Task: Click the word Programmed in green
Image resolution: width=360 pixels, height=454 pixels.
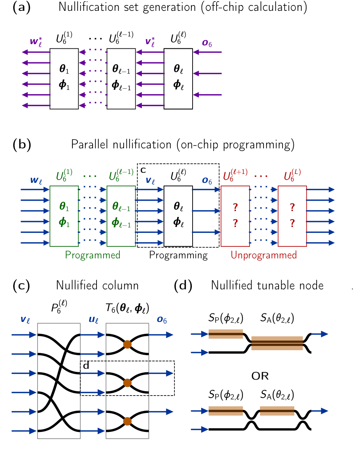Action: tap(93, 255)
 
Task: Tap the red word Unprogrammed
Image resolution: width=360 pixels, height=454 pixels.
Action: tap(264, 255)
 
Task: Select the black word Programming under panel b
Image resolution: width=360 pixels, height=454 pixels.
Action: tap(178, 255)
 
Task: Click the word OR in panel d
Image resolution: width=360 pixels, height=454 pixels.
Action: tap(260, 376)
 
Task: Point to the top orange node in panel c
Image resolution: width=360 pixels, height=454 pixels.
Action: tap(127, 344)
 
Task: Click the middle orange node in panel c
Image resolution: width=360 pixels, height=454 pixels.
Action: tap(127, 383)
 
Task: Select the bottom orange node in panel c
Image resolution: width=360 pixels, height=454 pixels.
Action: tap(127, 421)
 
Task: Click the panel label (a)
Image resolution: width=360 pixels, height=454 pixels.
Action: tap(21, 7)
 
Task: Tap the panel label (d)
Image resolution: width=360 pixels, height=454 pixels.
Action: tap(183, 285)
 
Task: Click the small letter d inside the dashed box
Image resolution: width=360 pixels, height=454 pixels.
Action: tap(86, 366)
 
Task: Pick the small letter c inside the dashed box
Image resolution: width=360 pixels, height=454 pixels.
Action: tap(143, 170)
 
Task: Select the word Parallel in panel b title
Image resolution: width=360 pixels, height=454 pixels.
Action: tap(90, 144)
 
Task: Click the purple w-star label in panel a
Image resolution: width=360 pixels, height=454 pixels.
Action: tap(36, 42)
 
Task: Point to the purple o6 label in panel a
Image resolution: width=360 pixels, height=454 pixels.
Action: tap(207, 43)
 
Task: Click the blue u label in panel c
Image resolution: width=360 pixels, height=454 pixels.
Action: tap(93, 320)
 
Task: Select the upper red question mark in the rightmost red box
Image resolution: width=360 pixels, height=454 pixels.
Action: tap(292, 207)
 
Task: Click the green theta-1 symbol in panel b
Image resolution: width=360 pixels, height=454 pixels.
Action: tap(64, 206)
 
